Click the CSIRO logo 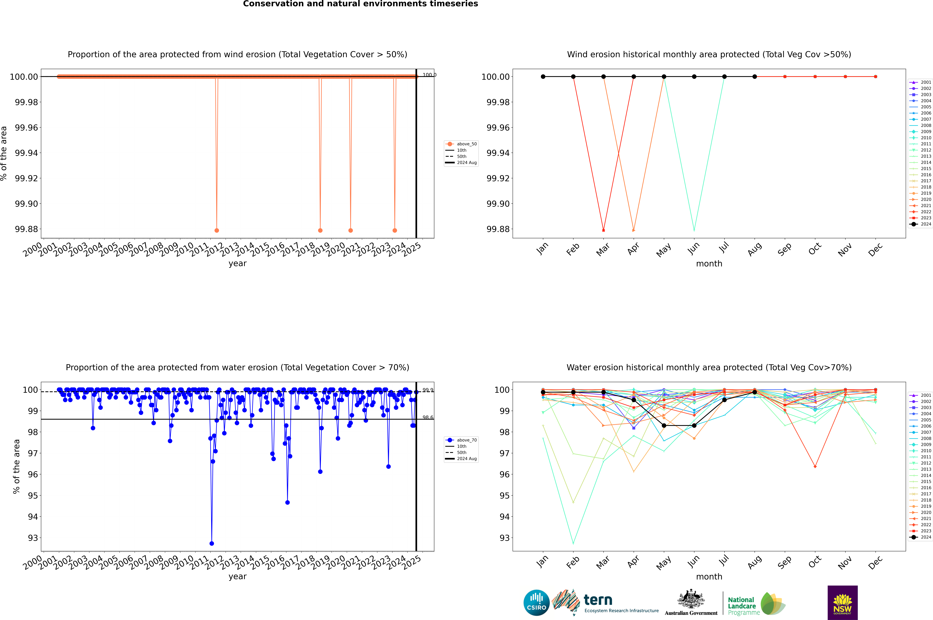pos(536,603)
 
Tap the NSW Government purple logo pos(842,603)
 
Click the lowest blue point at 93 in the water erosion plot pos(212,543)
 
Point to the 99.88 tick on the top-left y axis pos(27,229)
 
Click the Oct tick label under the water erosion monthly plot pos(815,562)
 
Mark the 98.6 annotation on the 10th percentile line pos(428,418)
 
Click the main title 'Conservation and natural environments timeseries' pos(360,4)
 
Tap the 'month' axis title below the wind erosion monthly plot pos(709,264)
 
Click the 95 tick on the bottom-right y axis pos(504,495)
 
